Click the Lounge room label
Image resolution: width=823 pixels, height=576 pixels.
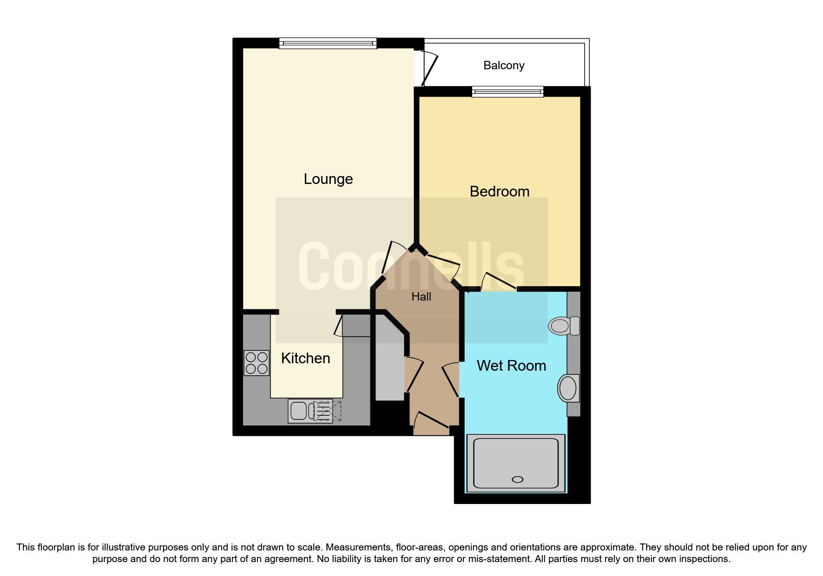pyautogui.click(x=328, y=179)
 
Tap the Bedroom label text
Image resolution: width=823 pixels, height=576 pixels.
pyautogui.click(x=500, y=191)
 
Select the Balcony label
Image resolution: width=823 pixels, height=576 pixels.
pyautogui.click(x=504, y=65)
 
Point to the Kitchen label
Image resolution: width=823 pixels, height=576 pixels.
pyautogui.click(x=305, y=358)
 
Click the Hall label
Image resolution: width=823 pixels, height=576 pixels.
pyautogui.click(x=421, y=297)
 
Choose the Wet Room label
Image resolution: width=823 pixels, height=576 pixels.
pyautogui.click(x=511, y=366)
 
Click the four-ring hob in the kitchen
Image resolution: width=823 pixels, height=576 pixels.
pyautogui.click(x=257, y=363)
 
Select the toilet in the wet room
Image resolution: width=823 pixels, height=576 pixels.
pyautogui.click(x=563, y=326)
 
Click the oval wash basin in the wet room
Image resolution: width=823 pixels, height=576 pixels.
pyautogui.click(x=568, y=388)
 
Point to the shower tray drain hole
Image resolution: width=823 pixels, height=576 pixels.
pyautogui.click(x=517, y=479)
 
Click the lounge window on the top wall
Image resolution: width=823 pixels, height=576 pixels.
pyautogui.click(x=328, y=44)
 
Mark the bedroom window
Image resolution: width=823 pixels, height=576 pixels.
pyautogui.click(x=507, y=92)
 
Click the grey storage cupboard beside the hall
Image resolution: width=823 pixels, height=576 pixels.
pyautogui.click(x=389, y=367)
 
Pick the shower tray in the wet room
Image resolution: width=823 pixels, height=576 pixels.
pyautogui.click(x=515, y=463)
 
